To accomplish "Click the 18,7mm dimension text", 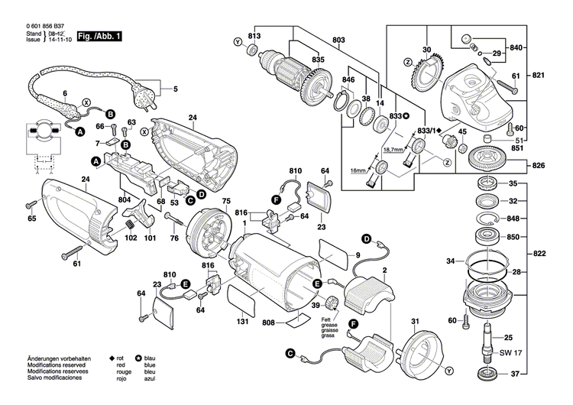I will pos(393,151).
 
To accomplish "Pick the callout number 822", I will pos(539,254).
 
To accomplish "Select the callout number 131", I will pos(242,322).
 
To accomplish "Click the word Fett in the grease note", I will pos(326,318).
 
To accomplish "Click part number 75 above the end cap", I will pos(225,201).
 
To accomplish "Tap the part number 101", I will pos(149,237).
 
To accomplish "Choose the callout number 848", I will pos(513,218).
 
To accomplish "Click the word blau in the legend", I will pos(150,358).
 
